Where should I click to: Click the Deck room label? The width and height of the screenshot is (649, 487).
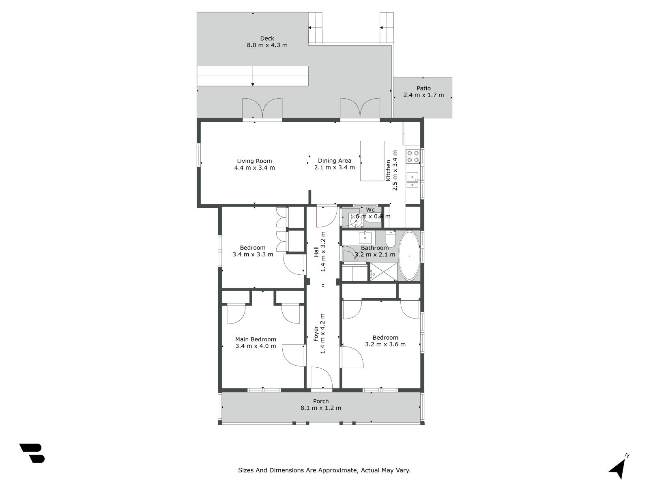point(267,39)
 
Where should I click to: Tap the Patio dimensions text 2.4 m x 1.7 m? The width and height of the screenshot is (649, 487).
point(423,95)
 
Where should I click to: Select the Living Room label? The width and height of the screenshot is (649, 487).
point(254,161)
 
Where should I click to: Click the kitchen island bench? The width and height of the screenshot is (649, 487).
point(372,161)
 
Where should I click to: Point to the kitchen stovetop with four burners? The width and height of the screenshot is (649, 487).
point(413,156)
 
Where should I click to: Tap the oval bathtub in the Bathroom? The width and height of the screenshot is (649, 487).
point(409,256)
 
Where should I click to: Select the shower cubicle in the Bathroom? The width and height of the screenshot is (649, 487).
point(383,272)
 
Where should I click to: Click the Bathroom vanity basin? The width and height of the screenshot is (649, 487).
point(365,236)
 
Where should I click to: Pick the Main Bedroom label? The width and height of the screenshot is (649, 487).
point(256,339)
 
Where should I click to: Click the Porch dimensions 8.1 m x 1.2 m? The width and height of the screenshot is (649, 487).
point(320,408)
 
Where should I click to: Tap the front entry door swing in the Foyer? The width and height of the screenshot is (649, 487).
point(322,377)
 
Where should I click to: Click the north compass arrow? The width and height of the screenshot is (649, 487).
point(618,468)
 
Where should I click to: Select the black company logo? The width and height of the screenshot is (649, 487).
point(32,453)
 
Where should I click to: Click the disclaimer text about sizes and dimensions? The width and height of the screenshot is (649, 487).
point(324,470)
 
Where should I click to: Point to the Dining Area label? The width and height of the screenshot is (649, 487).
point(334,161)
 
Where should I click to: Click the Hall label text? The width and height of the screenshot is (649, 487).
point(316,252)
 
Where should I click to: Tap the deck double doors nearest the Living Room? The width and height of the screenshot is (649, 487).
point(262,108)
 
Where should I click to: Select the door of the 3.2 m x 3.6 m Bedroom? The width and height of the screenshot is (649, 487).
point(351,358)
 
